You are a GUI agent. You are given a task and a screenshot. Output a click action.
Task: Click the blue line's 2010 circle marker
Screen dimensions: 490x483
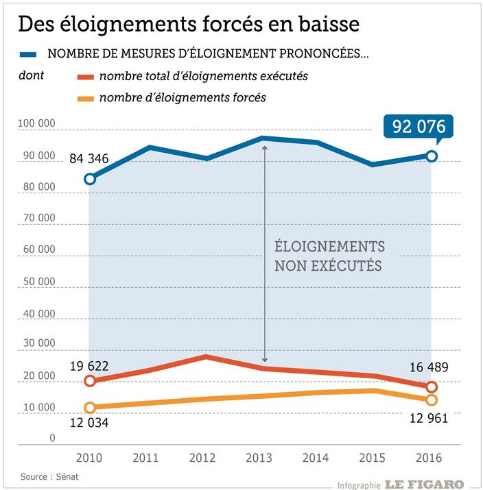click(90, 179)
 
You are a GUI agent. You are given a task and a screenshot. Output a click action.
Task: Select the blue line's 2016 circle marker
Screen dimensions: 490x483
click(432, 156)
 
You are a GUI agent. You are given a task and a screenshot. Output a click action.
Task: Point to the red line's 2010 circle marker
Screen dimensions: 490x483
click(90, 380)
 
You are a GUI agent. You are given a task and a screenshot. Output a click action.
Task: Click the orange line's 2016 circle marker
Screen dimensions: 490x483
click(432, 400)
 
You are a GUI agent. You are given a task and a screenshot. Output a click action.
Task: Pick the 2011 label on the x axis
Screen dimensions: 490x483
click(147, 458)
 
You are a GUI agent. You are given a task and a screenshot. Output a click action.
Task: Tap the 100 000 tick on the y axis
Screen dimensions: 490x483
click(36, 124)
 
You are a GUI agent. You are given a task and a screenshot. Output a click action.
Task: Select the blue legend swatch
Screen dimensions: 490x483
click(29, 54)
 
